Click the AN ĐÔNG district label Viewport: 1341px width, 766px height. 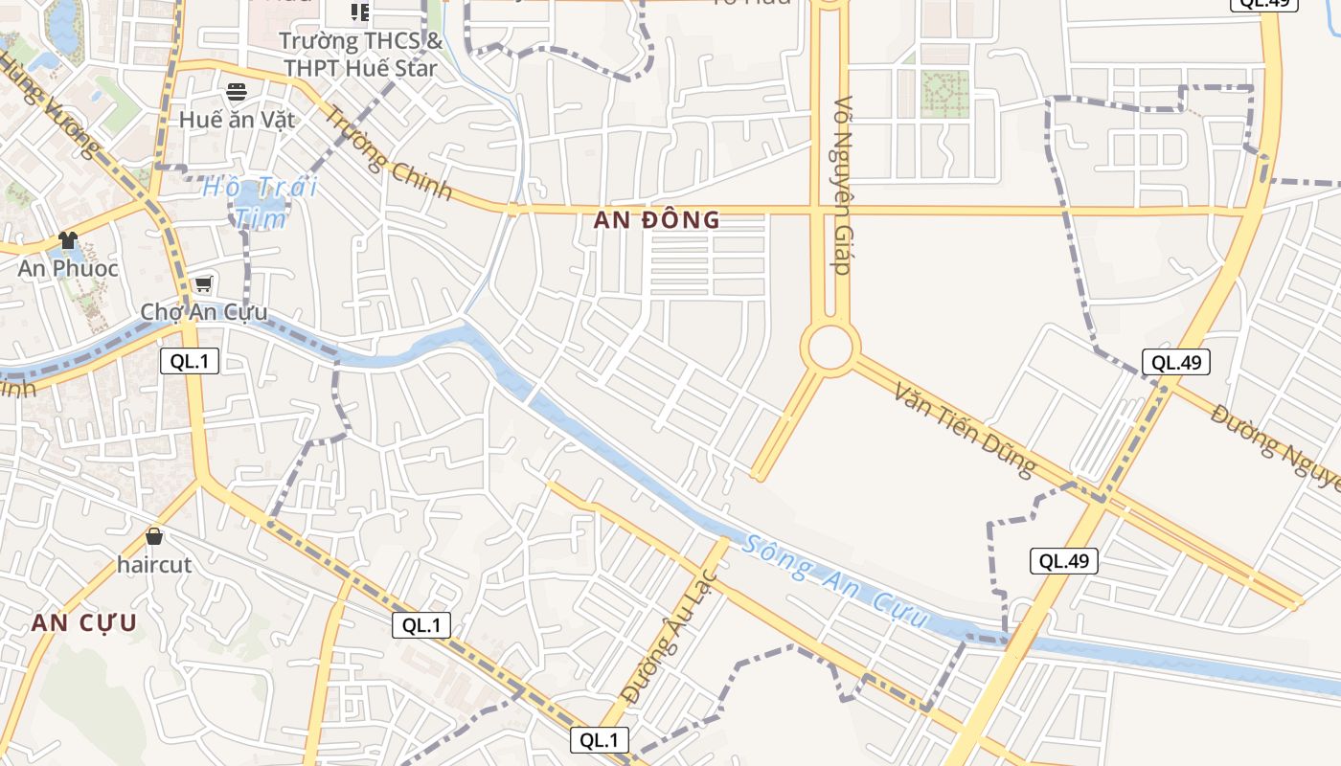tap(656, 220)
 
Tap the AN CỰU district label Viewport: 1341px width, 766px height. tap(84, 623)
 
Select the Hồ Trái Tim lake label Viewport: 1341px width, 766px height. tap(260, 202)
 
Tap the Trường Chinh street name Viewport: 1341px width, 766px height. tap(388, 152)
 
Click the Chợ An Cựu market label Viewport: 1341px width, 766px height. tap(204, 312)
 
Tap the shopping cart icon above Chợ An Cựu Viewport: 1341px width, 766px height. tap(203, 284)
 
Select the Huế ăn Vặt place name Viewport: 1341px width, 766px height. tap(238, 121)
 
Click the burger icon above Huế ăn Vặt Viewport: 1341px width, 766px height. tap(237, 92)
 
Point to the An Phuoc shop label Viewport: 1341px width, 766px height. tap(68, 268)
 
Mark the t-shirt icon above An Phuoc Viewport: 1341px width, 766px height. tap(67, 239)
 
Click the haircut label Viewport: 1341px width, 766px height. tap(154, 565)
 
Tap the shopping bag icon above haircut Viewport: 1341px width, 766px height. tap(154, 536)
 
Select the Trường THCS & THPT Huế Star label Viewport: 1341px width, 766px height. tap(360, 55)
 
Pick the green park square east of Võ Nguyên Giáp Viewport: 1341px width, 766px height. tap(945, 94)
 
